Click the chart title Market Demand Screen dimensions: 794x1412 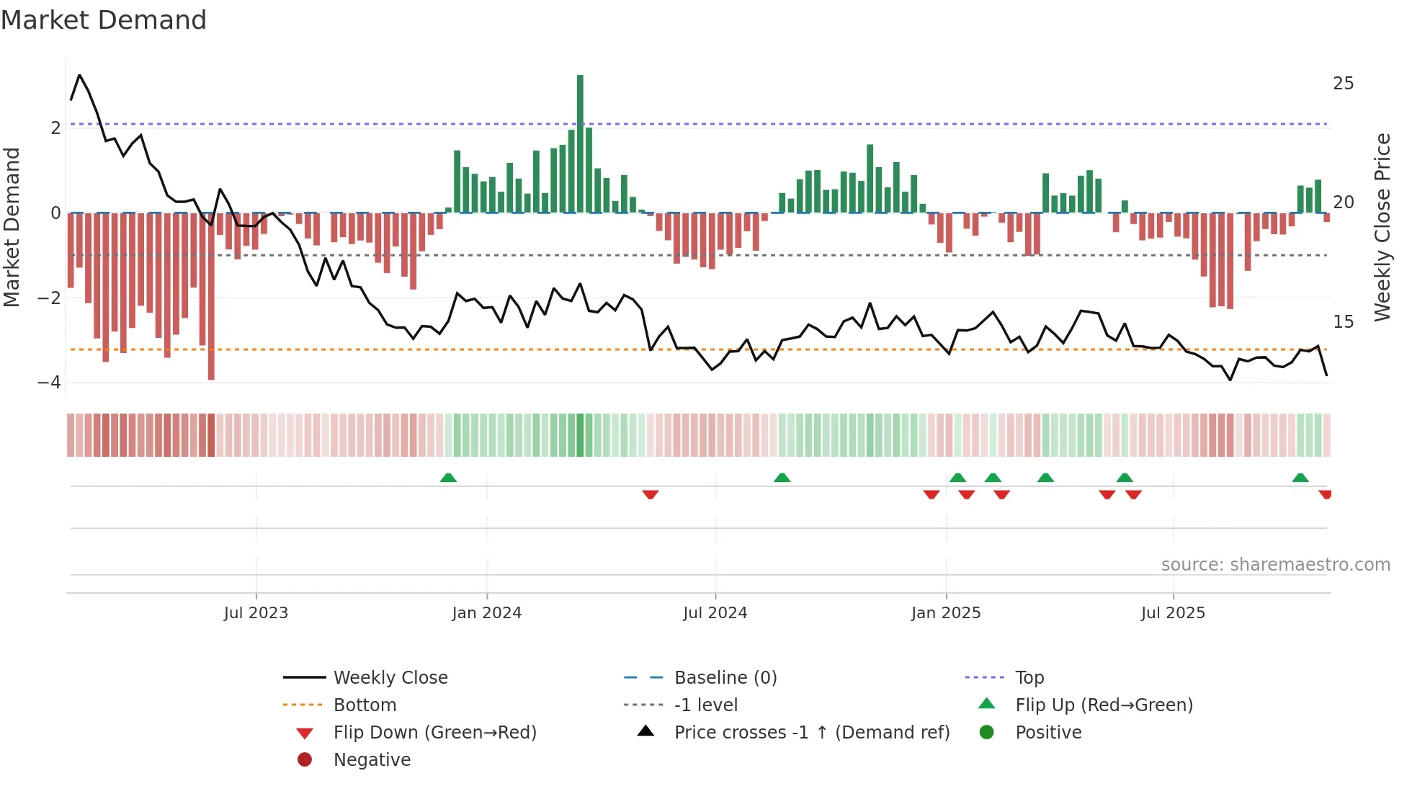click(104, 20)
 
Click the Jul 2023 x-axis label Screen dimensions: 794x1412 click(256, 613)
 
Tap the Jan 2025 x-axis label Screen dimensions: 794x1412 click(945, 613)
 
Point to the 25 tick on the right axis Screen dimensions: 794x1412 click(1343, 84)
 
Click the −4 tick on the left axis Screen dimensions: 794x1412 click(50, 383)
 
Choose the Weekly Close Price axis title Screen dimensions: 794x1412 click(1382, 227)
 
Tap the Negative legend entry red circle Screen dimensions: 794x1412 click(305, 760)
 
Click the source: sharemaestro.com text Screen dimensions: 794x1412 click(1275, 565)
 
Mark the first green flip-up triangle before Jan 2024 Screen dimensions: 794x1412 click(448, 478)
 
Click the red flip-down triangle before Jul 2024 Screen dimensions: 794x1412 click(650, 494)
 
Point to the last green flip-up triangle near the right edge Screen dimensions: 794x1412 click(1300, 478)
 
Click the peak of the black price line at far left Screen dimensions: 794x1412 click(79, 75)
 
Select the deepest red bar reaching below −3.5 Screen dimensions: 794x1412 click(211, 295)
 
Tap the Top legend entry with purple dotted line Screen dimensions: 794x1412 click(1029, 678)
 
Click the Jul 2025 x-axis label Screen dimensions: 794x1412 click(1173, 613)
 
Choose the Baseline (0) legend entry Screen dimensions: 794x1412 click(725, 678)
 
